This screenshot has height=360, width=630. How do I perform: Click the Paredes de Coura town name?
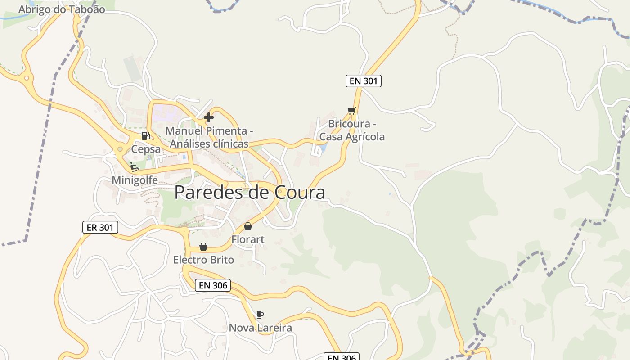pyautogui.click(x=250, y=193)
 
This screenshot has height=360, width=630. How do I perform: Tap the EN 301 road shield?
pyautogui.click(x=364, y=81)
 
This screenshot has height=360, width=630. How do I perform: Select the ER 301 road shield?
pyautogui.click(x=100, y=228)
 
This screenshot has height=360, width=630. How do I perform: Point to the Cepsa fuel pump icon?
pyautogui.click(x=145, y=135)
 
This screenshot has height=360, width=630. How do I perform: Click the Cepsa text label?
pyautogui.click(x=146, y=149)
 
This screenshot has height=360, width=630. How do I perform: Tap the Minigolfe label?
pyautogui.click(x=135, y=180)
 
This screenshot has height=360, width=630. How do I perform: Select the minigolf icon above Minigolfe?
pyautogui.click(x=134, y=166)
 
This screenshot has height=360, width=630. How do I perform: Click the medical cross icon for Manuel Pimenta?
pyautogui.click(x=209, y=117)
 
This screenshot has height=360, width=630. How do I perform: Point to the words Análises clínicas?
pyautogui.click(x=209, y=144)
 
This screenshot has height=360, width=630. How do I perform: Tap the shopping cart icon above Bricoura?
pyautogui.click(x=352, y=111)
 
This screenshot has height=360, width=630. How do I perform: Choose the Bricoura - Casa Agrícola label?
pyautogui.click(x=352, y=130)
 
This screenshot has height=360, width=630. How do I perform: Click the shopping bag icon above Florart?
pyautogui.click(x=248, y=226)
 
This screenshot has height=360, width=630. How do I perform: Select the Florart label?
pyautogui.click(x=248, y=240)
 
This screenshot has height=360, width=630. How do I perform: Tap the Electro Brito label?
pyautogui.click(x=203, y=260)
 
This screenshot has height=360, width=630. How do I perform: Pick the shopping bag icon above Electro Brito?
pyautogui.click(x=203, y=247)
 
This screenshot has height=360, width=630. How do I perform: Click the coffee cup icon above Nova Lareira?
pyautogui.click(x=260, y=315)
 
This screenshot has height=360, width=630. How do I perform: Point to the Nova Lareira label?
pyautogui.click(x=261, y=328)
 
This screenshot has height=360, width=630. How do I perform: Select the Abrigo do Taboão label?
pyautogui.click(x=62, y=9)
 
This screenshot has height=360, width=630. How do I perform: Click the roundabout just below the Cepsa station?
pyautogui.click(x=120, y=149)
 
